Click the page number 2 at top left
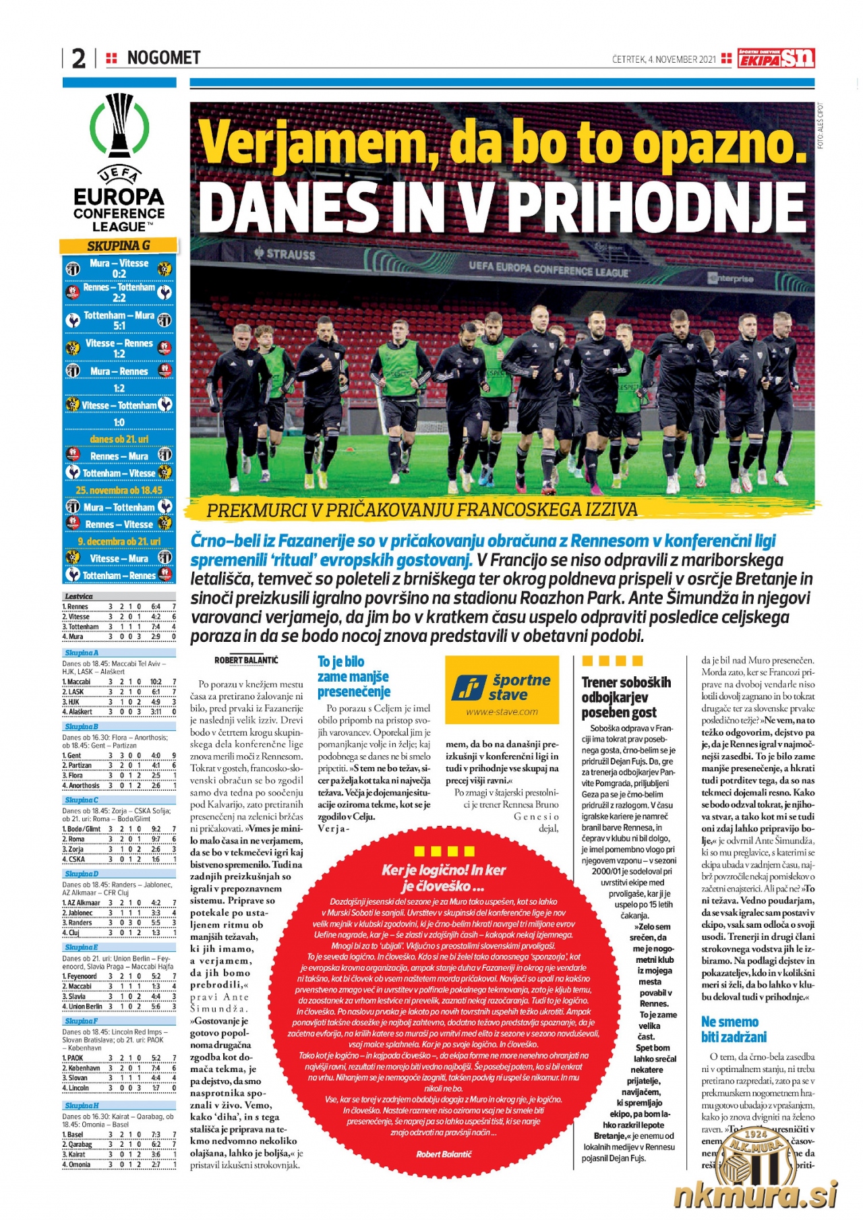click(79, 59)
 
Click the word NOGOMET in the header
click(164, 58)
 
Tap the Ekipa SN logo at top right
click(776, 59)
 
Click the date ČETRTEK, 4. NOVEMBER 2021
click(663, 59)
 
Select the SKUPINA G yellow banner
click(119, 245)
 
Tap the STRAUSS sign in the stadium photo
click(285, 254)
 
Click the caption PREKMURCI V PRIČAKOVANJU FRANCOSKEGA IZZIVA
click(421, 510)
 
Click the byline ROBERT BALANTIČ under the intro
click(246, 660)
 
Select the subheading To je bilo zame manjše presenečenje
click(354, 676)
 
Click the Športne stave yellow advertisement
click(502, 690)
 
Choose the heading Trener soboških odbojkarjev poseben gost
click(626, 697)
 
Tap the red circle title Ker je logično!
click(443, 876)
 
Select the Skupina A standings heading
click(82, 653)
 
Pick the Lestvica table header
click(79, 596)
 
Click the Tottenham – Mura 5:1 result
click(119, 320)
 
